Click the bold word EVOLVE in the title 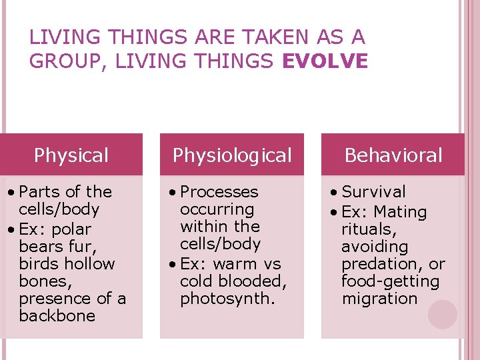[x=325, y=61]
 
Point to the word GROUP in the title [x=67, y=61]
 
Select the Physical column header [x=71, y=155]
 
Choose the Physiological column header [x=232, y=155]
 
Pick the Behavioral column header [x=393, y=155]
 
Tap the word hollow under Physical [x=91, y=263]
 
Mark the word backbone [x=57, y=315]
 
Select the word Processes [x=219, y=192]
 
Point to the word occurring [x=217, y=209]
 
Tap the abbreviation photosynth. [x=227, y=299]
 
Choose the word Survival [x=373, y=192]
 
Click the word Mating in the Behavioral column [x=400, y=213]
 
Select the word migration [x=379, y=299]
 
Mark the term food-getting [x=390, y=281]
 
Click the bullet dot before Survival [x=333, y=193]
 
